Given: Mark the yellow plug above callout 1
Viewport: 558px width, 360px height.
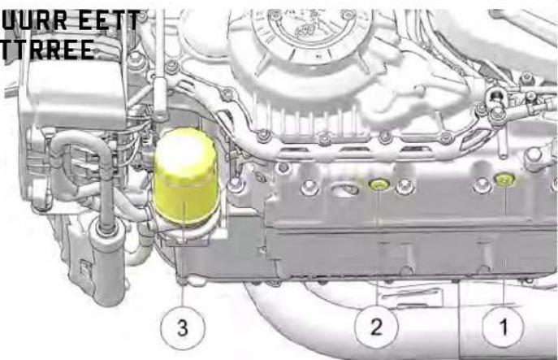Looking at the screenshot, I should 504,180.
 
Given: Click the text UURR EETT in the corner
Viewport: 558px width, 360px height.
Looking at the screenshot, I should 69,19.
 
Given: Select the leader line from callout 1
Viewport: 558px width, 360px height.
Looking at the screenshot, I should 504,252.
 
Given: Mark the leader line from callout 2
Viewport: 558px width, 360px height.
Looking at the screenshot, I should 378,252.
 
